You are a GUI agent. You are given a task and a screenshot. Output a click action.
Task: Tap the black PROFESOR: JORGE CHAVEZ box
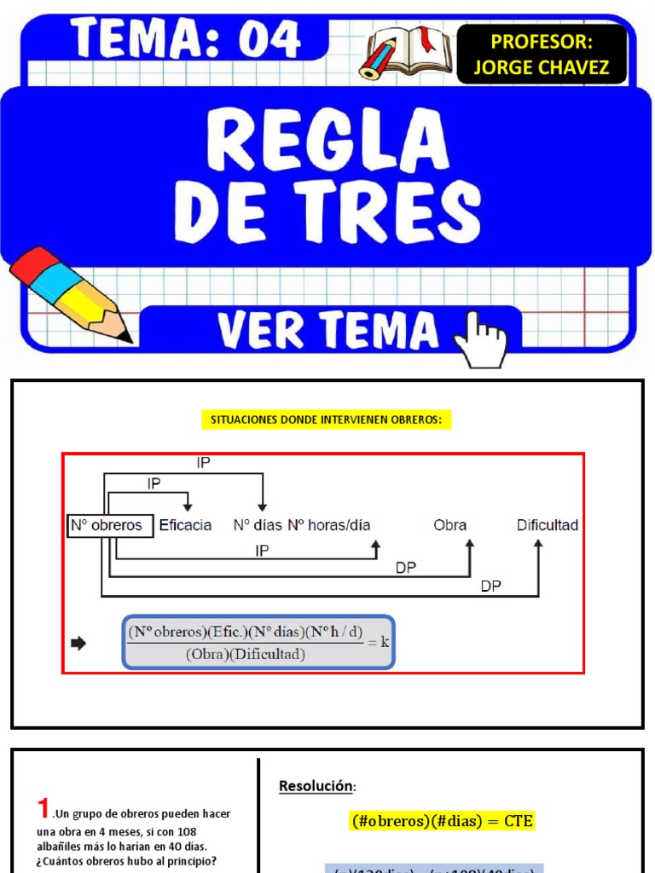point(542,55)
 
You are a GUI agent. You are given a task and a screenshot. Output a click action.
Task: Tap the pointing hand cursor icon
point(481,338)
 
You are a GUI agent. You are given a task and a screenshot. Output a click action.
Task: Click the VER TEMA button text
point(327,331)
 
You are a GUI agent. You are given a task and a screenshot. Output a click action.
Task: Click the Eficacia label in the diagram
point(185,525)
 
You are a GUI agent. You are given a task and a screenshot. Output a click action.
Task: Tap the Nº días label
point(258,525)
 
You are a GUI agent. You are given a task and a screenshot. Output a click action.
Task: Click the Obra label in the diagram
point(450,525)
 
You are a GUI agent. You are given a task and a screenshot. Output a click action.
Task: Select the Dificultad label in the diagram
point(548,525)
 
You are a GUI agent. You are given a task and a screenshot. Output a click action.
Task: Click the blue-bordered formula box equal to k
point(258,642)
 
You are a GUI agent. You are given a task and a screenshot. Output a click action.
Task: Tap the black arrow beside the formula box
point(78,644)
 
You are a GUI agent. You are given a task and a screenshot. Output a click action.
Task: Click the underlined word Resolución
point(315,786)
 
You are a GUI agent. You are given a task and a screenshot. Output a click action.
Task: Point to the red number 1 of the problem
point(43,807)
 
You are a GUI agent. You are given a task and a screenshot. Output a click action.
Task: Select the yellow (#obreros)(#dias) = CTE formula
point(443,821)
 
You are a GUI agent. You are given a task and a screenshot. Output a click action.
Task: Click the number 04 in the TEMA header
point(270,39)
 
